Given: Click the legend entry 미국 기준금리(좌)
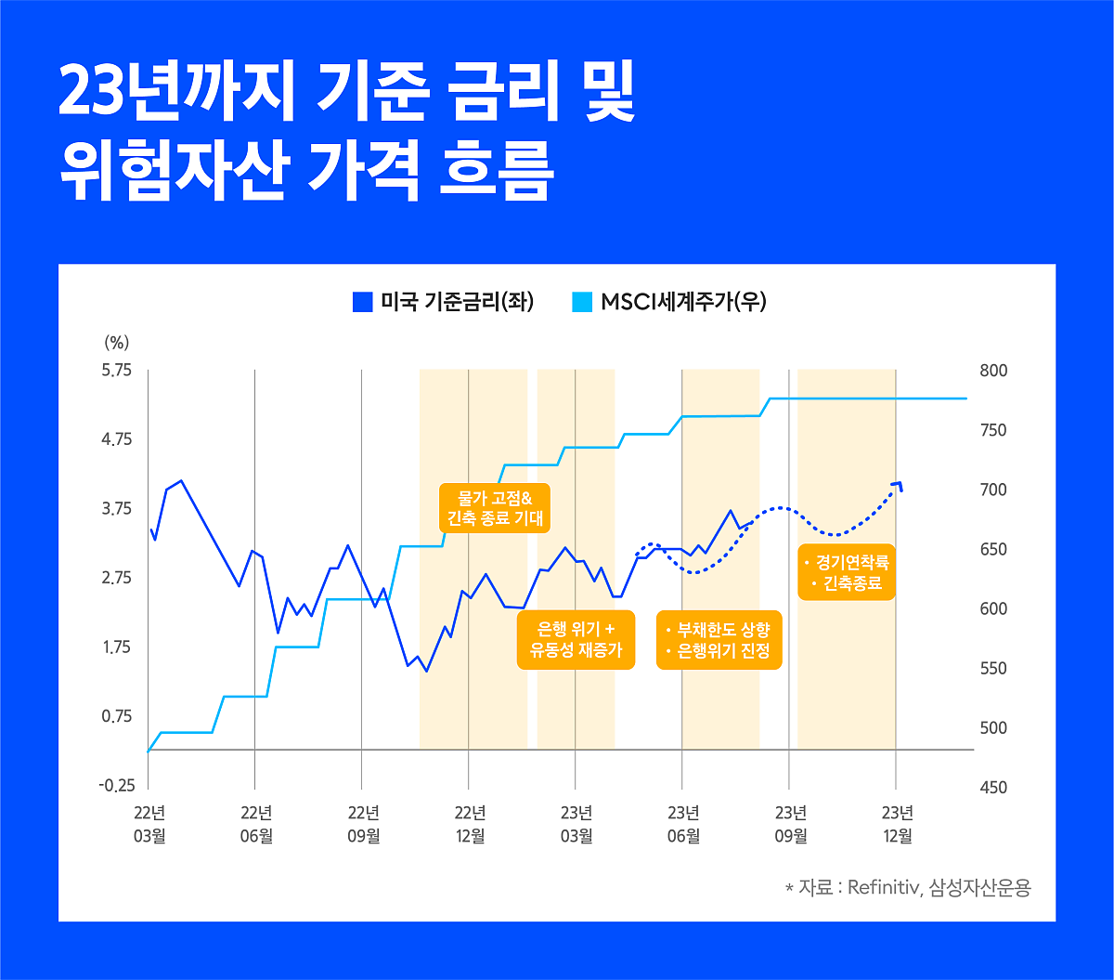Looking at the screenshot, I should coord(444,302).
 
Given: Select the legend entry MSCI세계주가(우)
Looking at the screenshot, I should coord(669,302).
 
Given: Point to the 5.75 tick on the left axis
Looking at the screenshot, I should coord(117,371).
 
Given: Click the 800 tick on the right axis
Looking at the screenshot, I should coord(993,371).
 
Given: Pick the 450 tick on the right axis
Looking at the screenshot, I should coord(993,787).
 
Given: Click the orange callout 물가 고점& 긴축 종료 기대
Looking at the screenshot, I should coord(494,507).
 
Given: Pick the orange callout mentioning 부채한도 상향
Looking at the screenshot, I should coord(719,640).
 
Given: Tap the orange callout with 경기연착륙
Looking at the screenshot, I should coord(847,572).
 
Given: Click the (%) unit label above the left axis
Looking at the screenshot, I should coord(116,342).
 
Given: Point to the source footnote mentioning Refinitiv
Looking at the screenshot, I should coord(907,888).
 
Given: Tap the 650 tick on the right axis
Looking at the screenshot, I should coord(993,549).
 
